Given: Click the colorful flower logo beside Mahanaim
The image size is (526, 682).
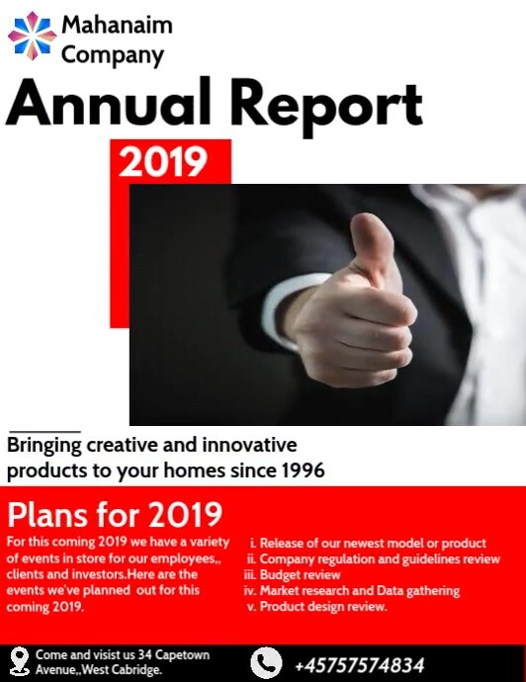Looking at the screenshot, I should (x=33, y=37).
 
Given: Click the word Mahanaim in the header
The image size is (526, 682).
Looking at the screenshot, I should (x=117, y=25).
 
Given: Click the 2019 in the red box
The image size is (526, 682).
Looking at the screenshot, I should (x=163, y=161).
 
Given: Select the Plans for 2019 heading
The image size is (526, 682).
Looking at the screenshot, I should (x=115, y=515).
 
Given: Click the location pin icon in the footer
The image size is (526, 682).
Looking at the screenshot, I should (x=19, y=661).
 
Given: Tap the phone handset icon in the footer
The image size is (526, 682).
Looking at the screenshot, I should (x=266, y=662).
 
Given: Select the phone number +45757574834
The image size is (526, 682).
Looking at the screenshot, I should (x=359, y=664).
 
